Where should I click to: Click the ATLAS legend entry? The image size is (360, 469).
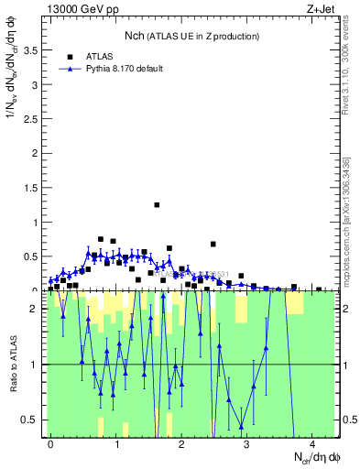pyautogui.click(x=97, y=56)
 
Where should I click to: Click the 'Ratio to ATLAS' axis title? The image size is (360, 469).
pyautogui.click(x=13, y=364)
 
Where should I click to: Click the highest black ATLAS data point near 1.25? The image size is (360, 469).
pyautogui.click(x=157, y=205)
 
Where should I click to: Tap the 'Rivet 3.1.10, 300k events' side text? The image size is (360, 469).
pyautogui.click(x=351, y=69)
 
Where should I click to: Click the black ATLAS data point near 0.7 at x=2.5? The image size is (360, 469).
pyautogui.click(x=213, y=244)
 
